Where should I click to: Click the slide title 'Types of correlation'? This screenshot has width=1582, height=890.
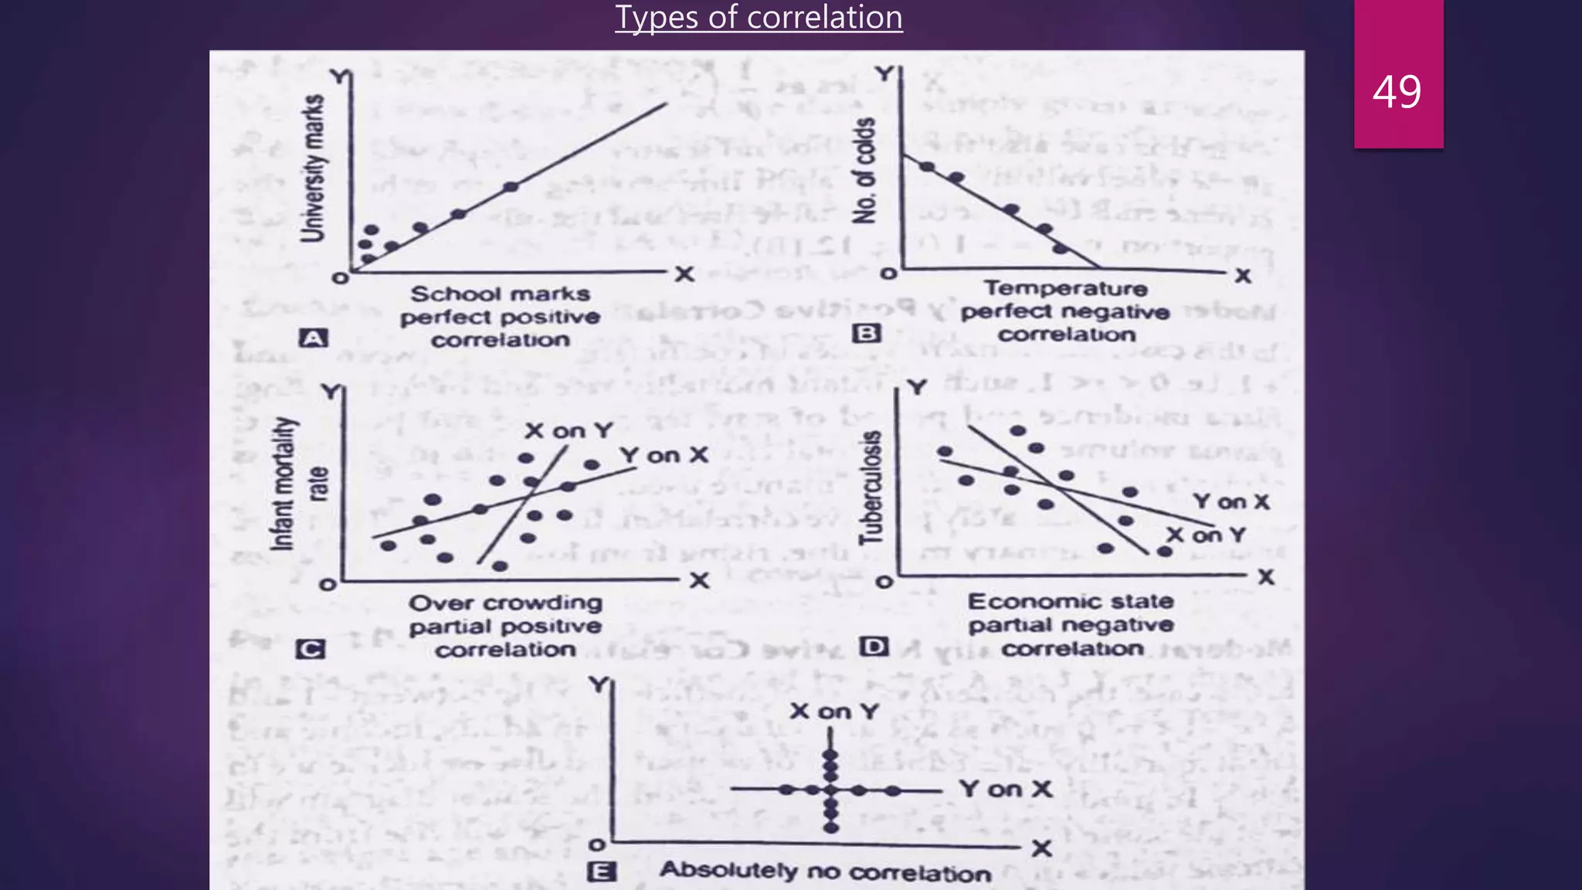tap(759, 17)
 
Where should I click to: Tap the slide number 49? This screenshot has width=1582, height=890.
tap(1397, 92)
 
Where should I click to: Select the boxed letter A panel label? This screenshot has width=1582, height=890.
tap(314, 338)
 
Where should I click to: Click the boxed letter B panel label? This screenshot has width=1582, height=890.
tap(867, 333)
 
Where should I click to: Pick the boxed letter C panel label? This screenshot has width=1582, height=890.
tap(311, 648)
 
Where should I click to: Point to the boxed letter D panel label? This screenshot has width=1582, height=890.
tap(874, 646)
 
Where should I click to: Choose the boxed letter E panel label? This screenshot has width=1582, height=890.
tap(602, 872)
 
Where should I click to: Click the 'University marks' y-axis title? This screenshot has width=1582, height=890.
tap(313, 168)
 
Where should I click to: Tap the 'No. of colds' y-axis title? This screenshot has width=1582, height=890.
tap(865, 171)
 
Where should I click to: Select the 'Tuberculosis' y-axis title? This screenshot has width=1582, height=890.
tap(871, 487)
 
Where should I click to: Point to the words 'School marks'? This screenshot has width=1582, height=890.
tap(500, 294)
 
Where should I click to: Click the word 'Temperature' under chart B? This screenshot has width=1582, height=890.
tap(1066, 288)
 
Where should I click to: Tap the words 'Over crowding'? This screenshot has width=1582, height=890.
tap(505, 603)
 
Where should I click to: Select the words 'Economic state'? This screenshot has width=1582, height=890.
tap(1071, 601)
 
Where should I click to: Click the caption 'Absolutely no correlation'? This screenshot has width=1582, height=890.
tap(825, 871)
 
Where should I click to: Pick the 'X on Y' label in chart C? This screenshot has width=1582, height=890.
tap(569, 430)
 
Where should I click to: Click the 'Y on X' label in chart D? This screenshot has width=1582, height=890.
tap(1231, 501)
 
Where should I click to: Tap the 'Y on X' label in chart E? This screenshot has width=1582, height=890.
tap(1006, 789)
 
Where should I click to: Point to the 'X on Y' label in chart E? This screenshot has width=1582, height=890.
tap(834, 711)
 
